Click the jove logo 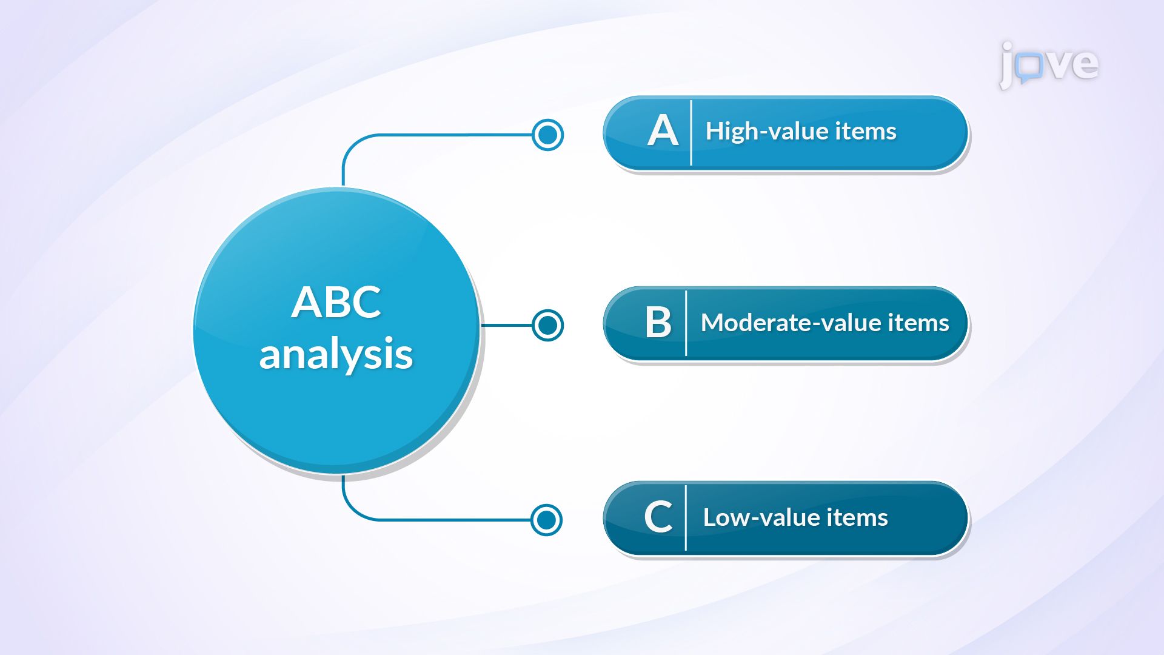point(1049,64)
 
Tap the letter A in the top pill point(662,131)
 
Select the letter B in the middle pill point(658,322)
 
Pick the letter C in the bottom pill point(658,517)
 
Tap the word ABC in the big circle point(336,302)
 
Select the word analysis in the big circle point(336,354)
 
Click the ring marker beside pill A point(548,135)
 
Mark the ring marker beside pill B point(548,325)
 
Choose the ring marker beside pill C point(547,520)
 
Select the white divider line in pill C point(686,517)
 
